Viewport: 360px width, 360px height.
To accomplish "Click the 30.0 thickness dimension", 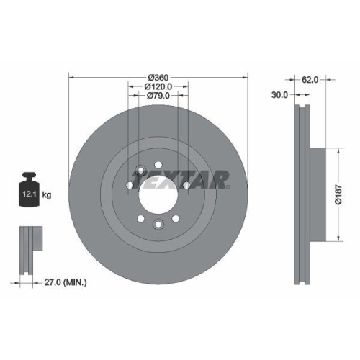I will click(x=279, y=94).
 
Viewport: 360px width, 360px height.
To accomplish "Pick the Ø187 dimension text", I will click(x=347, y=195).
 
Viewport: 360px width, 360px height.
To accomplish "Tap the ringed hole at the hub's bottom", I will click(x=158, y=224).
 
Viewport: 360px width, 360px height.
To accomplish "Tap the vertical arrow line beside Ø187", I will click(x=338, y=195).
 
